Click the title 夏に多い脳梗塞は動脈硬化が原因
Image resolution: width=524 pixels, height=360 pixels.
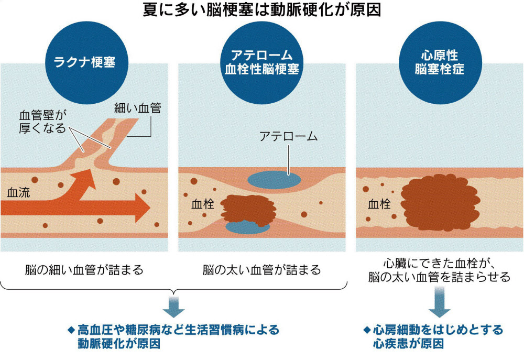261,10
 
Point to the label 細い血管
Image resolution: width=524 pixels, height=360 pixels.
137,109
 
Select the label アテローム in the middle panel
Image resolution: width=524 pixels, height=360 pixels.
289,137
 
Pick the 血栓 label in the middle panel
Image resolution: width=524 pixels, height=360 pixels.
202,204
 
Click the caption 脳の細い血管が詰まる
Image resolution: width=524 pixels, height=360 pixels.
84,270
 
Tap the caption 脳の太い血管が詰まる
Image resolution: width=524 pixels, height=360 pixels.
261,270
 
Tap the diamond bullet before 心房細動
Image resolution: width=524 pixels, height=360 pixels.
366,330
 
